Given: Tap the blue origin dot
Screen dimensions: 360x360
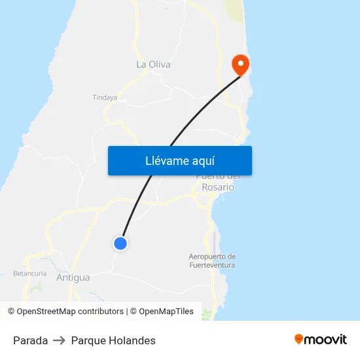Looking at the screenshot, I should point(120,243).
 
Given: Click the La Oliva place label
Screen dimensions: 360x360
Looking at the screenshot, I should point(153,64).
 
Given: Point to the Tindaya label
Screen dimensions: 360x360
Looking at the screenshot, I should point(105,98).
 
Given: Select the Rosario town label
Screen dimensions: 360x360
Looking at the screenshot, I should point(218,187).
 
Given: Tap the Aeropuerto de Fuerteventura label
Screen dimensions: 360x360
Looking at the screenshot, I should point(212,261).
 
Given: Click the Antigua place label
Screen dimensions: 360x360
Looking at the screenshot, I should point(73,278).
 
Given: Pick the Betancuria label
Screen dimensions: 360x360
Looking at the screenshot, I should point(29,273).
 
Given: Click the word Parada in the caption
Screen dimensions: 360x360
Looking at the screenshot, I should point(30,340).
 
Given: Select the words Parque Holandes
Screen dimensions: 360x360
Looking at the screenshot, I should point(113,340).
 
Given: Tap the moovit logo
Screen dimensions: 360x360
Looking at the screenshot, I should point(321,339).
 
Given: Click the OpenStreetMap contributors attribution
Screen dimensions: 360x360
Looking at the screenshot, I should point(65,312).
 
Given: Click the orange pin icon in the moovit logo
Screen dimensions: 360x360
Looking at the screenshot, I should point(299,339).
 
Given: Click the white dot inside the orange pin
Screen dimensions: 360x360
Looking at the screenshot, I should point(240,63).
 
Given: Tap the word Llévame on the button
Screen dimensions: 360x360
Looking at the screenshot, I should point(166,160).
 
